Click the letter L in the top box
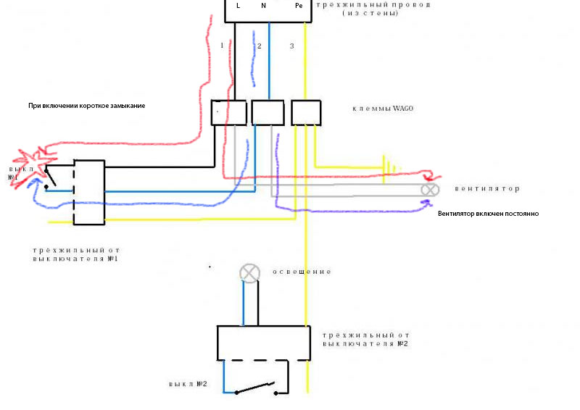click(238, 6)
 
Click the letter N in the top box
click(263, 6)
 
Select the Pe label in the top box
click(299, 6)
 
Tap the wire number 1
click(222, 46)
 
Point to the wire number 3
click(291, 46)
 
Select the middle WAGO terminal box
click(267, 112)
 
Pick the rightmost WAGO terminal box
click(306, 112)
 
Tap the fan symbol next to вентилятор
click(431, 190)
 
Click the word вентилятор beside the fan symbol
click(487, 189)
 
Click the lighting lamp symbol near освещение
click(249, 273)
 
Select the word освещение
click(302, 272)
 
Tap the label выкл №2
click(188, 383)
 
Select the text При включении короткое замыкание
click(86, 106)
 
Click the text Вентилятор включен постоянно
click(488, 214)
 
